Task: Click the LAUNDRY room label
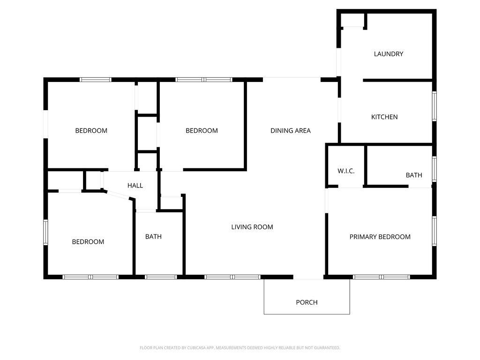point(388,54)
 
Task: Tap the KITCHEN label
point(384,117)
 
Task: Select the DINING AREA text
point(290,131)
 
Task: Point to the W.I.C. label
point(346,171)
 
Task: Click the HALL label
point(135,186)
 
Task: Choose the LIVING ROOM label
point(252,227)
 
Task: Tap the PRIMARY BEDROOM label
point(380,237)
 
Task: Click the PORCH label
point(307,302)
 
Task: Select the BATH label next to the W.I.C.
point(413,175)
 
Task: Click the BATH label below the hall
point(153,237)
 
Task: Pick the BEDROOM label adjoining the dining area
point(202,131)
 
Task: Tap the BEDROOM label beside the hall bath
point(88,242)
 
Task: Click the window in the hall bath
point(160,277)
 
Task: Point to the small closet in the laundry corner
point(353,21)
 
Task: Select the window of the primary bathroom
point(434,169)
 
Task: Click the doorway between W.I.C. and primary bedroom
point(350,187)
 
